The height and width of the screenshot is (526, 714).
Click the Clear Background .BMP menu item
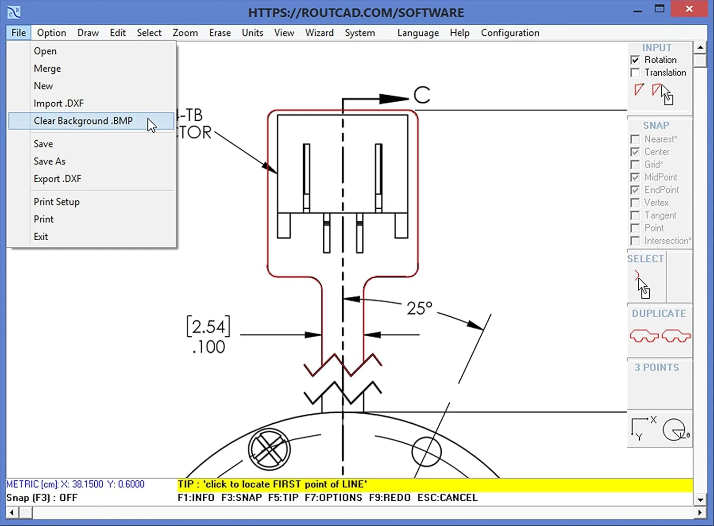click(x=83, y=121)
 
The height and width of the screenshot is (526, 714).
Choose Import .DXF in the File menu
click(x=59, y=103)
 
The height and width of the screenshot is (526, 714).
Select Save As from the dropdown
click(x=50, y=161)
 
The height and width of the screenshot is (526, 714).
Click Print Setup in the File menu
click(x=57, y=202)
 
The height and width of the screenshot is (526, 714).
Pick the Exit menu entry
click(x=41, y=236)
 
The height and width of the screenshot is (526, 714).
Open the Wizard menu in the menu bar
click(x=319, y=33)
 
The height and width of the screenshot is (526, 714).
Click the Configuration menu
click(x=510, y=33)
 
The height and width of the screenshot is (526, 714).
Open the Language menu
click(x=418, y=33)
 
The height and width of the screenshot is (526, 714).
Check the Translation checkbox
click(x=635, y=73)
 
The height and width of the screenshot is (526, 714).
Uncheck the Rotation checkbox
click(x=635, y=60)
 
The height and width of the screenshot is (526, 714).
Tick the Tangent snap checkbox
click(x=635, y=215)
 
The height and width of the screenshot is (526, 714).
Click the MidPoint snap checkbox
click(x=635, y=177)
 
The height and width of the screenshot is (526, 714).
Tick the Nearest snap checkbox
click(x=635, y=139)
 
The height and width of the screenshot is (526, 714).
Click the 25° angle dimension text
click(x=419, y=308)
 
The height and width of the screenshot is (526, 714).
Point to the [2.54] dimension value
click(x=208, y=326)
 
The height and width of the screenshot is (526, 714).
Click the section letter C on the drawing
click(x=422, y=95)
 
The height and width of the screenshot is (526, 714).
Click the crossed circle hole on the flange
click(x=269, y=449)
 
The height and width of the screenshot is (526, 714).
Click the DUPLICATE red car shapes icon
click(x=660, y=336)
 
